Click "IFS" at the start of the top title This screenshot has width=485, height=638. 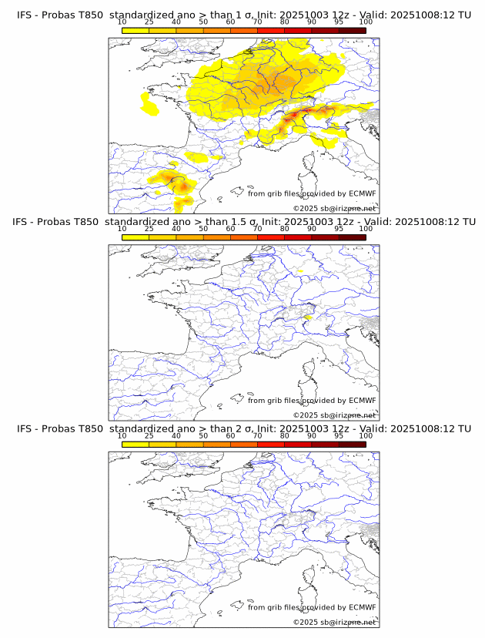tap(24, 15)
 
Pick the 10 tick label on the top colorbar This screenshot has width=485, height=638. tap(122, 22)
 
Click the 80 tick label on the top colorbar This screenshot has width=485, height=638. tap(285, 22)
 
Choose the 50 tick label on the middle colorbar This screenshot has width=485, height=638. tap(203, 229)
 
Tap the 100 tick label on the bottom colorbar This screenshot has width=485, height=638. tap(366, 436)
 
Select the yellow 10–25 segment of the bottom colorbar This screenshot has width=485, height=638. tap(135, 445)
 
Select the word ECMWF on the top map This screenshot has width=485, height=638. tap(362, 193)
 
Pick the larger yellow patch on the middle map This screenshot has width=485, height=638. tap(306, 317)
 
